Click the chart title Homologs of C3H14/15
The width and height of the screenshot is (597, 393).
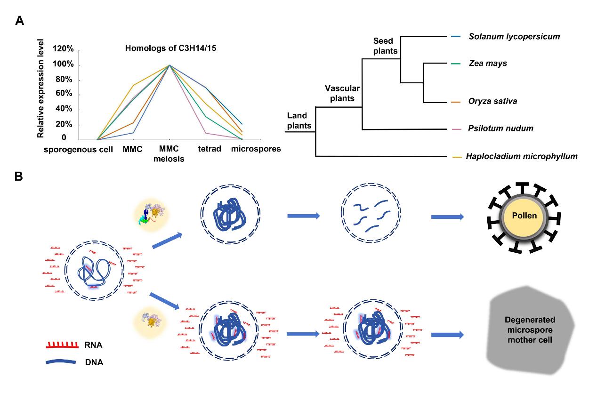[161, 48]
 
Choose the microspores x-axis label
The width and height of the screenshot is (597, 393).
[256, 149]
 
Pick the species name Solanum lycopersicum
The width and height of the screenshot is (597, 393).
[514, 36]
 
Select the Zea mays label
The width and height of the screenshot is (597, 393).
[487, 63]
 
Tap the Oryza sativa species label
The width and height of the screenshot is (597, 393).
[492, 101]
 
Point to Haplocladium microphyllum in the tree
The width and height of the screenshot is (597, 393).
[521, 156]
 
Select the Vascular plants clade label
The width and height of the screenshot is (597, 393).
[342, 93]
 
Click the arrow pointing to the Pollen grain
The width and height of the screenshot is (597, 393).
[447, 217]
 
